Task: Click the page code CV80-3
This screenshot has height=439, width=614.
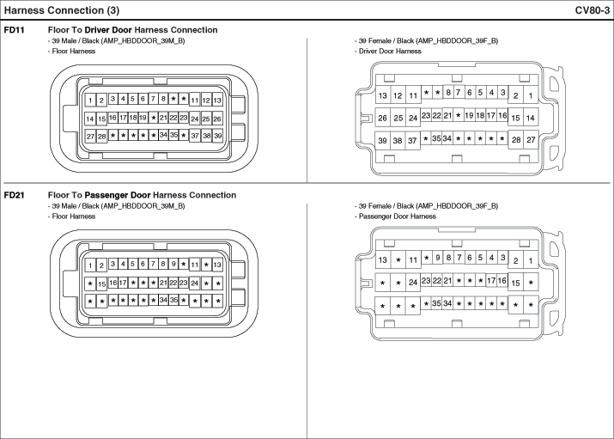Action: pos(593,9)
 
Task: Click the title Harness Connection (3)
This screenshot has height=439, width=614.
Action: pos(59,9)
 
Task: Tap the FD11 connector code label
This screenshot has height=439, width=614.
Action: pos(14,30)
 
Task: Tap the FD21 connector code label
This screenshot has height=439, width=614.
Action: pos(14,195)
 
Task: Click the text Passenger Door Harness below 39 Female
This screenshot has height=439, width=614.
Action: pos(395,216)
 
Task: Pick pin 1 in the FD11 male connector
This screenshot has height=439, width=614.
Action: pos(90,101)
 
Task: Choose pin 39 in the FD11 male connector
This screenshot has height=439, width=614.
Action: pos(218,136)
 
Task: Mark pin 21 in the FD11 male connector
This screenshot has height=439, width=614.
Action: pos(163,117)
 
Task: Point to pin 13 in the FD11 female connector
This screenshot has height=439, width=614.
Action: pos(383,95)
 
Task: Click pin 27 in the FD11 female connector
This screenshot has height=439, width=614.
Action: pos(531,140)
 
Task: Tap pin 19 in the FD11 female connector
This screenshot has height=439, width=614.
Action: pos(469,115)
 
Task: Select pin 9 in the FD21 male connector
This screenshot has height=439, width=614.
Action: pos(173,264)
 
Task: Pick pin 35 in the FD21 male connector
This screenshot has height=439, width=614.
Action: pos(173,300)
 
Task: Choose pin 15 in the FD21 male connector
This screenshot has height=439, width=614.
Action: pos(101,284)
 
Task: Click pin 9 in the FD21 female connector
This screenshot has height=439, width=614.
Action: pos(437,257)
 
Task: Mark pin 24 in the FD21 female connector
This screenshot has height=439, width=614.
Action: pos(413,283)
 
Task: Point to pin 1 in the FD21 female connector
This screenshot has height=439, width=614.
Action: pos(531,260)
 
